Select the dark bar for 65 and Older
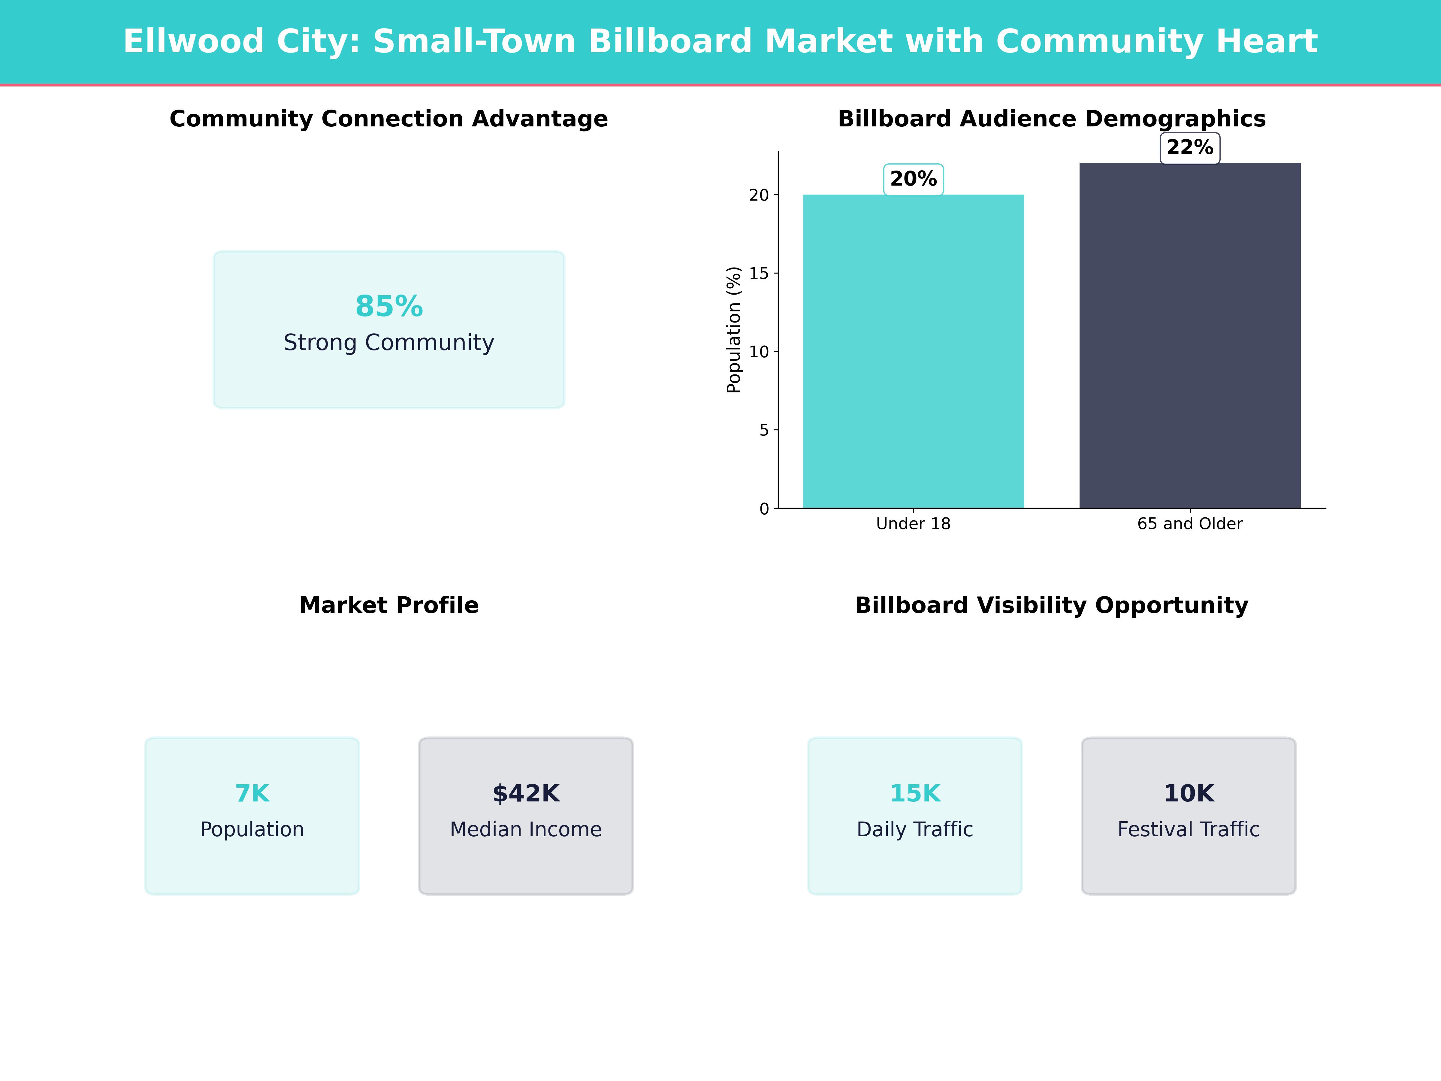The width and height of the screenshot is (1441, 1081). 1189,336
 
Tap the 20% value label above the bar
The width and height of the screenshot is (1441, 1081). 913,179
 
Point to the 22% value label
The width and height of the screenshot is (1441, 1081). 1189,148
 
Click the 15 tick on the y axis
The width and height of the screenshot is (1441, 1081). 759,274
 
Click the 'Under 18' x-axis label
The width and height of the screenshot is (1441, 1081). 913,524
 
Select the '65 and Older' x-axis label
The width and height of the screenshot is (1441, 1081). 1189,524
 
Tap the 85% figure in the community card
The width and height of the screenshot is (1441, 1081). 389,306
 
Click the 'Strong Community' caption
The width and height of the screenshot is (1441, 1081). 389,343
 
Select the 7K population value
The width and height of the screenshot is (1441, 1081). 252,794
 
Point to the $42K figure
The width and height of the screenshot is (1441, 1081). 526,794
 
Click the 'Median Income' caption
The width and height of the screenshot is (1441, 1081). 526,829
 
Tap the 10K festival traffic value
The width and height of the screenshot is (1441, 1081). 1189,794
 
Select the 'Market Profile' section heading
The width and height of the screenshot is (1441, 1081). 389,605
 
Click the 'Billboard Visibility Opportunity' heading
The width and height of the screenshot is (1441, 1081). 1051,605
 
